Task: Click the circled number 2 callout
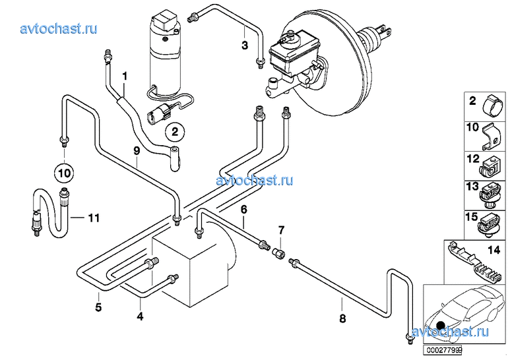coord(175,132)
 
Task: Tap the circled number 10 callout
coord(64,173)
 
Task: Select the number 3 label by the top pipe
coord(245,45)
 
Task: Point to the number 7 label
coord(281,230)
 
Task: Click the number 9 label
coord(137,151)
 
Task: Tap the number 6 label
coord(244,210)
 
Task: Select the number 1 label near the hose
coord(125,76)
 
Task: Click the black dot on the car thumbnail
coord(441,325)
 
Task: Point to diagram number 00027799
coord(442,350)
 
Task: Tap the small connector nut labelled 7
coord(278,253)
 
